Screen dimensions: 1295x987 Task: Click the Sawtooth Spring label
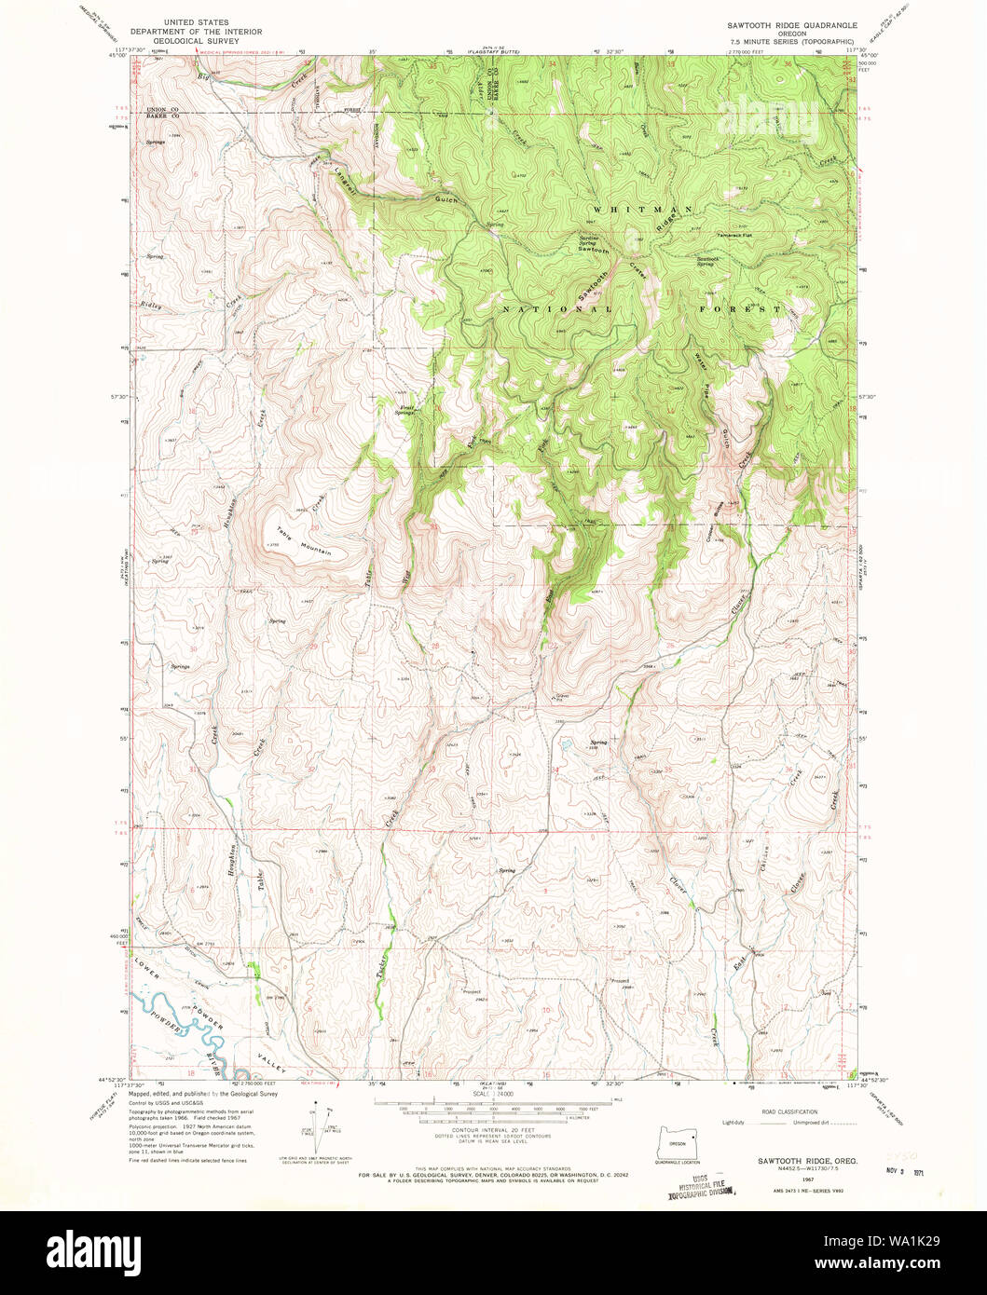pos(708,261)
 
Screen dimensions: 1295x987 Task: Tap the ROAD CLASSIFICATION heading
pos(788,1111)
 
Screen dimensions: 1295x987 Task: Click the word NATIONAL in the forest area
pos(557,308)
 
